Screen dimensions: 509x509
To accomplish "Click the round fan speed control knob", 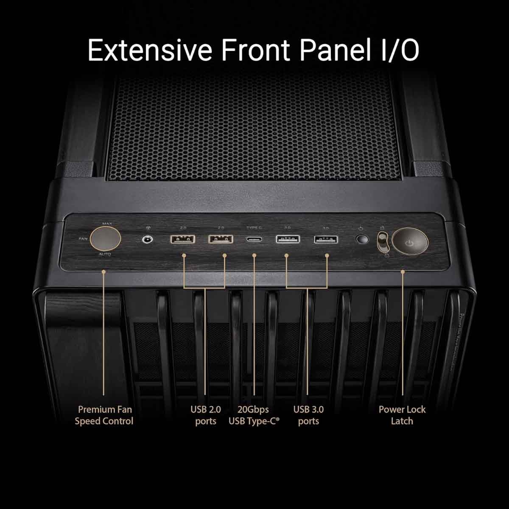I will point(105,238).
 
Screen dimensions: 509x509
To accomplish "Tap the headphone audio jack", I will point(147,240).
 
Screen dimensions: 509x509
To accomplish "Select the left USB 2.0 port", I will point(183,239).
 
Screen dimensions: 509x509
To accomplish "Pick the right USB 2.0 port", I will point(221,239).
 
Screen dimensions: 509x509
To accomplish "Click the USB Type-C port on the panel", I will point(254,239).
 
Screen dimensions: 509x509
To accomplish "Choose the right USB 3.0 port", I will point(326,240).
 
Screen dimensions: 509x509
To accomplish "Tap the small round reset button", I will point(361,240).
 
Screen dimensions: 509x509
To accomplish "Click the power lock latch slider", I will point(382,243).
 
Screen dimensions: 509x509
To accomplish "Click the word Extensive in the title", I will point(150,50).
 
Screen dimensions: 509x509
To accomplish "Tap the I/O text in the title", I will point(397,50).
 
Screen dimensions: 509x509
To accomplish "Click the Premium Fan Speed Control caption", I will point(104,415).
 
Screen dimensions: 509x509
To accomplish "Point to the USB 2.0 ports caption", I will point(206,415).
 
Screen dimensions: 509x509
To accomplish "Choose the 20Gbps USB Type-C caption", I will point(254,415).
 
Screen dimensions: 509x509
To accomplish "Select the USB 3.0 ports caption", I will point(308,415).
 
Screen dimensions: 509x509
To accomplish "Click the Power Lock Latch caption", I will point(402,415).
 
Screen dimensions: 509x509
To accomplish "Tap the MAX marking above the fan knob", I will point(107,223).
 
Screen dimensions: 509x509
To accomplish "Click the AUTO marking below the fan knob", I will point(105,255).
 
